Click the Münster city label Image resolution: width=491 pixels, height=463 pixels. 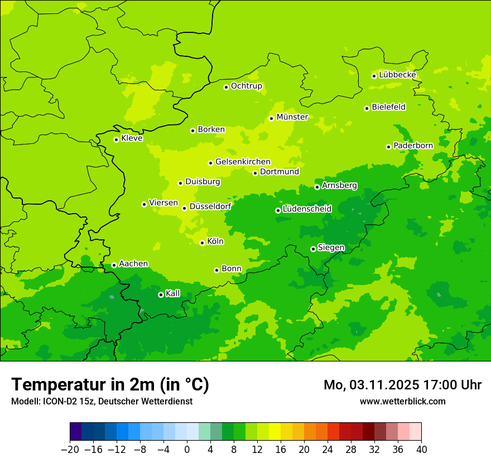tap(292, 117)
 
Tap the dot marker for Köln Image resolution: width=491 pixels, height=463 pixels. tap(202, 243)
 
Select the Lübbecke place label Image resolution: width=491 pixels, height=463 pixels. tap(397, 75)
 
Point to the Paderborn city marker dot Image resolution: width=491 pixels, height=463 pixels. tap(388, 147)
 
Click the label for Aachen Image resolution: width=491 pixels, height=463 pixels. tap(133, 264)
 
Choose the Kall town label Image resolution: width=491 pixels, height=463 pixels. tap(173, 293)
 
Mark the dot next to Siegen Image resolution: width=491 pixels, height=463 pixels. tap(313, 249)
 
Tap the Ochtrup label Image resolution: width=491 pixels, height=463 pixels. tap(246, 86)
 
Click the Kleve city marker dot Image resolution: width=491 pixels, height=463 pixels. tap(116, 139)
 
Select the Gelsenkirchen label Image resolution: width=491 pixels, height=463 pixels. tap(243, 162)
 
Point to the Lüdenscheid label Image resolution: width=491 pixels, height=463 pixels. tap(307, 209)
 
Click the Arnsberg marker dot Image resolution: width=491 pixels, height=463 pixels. tap(317, 187)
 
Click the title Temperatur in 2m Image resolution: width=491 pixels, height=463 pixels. tap(110, 384)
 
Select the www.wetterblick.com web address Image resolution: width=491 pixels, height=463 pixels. tap(402, 401)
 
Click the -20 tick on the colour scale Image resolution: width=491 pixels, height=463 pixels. tap(70, 450)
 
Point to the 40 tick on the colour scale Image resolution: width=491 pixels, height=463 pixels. tap(421, 450)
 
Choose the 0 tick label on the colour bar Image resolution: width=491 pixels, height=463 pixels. tap(187, 450)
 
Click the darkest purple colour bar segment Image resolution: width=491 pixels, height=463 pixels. tap(76, 432)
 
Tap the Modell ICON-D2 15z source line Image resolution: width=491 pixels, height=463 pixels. tap(102, 401)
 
